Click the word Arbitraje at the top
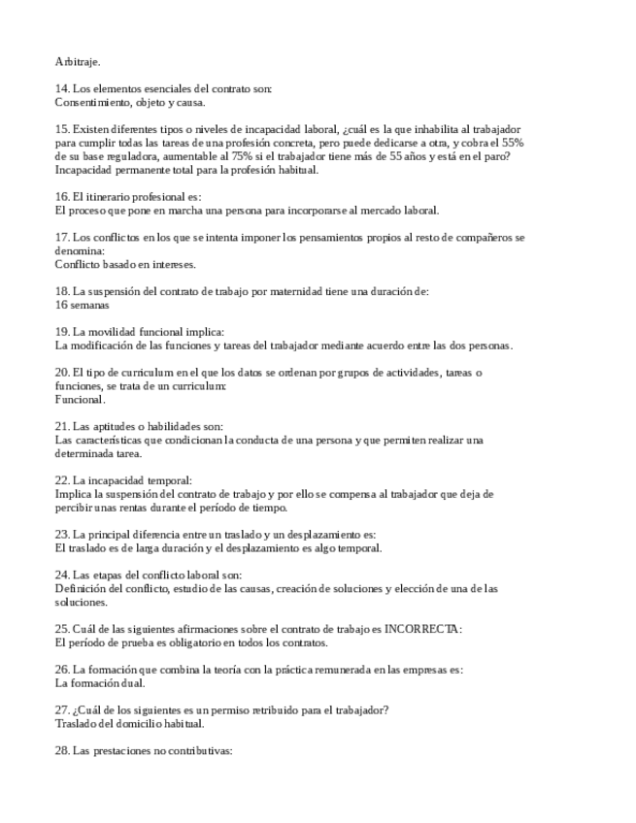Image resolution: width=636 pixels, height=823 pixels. tap(78, 61)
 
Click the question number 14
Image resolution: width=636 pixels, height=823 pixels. tap(62, 88)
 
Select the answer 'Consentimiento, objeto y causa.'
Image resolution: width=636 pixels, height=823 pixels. tap(130, 101)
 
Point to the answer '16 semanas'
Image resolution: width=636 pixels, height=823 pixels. tap(82, 304)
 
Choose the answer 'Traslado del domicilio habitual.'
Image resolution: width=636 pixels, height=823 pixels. tap(129, 723)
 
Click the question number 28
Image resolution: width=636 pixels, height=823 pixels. tap(62, 750)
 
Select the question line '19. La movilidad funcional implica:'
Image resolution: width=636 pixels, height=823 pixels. tap(139, 331)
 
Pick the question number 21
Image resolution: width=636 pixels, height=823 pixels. tap(62, 426)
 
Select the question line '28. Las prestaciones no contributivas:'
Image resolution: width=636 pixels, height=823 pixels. tap(144, 750)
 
